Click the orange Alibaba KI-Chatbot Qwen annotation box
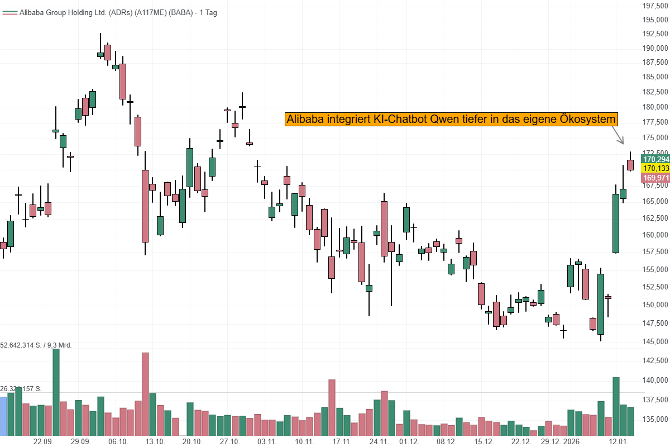click(452, 120)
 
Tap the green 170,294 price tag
click(655, 159)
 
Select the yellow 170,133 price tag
click(655, 169)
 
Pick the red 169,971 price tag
click(655, 178)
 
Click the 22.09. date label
click(44, 441)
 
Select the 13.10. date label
click(155, 441)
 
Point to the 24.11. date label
click(379, 441)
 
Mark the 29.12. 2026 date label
click(563, 441)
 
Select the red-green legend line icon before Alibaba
click(9, 12)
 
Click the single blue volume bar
click(3, 416)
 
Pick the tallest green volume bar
click(56, 392)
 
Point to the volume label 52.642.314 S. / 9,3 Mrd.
click(36, 345)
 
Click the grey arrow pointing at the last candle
click(617, 136)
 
